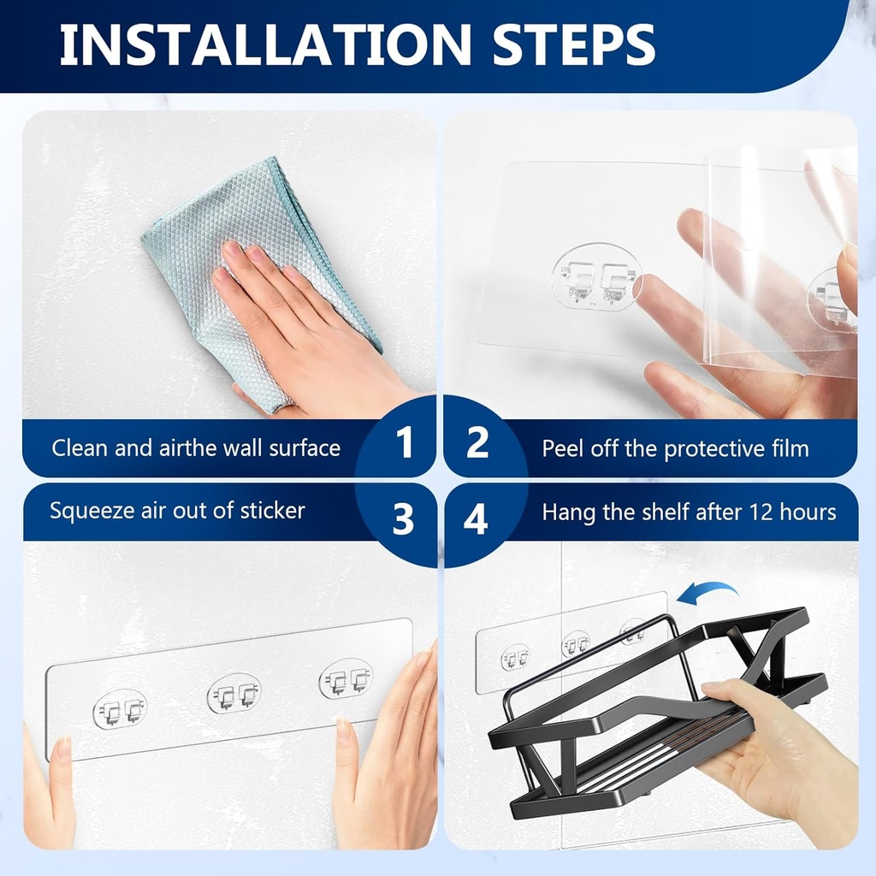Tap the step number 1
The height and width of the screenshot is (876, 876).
(x=405, y=443)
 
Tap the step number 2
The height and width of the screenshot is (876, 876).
(x=476, y=443)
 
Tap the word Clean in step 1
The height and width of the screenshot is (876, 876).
(x=80, y=448)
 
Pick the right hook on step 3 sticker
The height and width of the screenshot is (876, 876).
(x=346, y=678)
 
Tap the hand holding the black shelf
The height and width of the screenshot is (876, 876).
(x=770, y=753)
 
